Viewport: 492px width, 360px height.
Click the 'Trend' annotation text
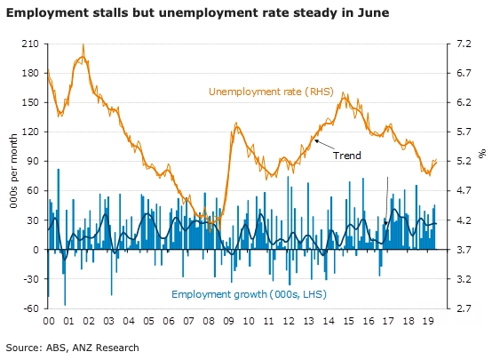pos(346,155)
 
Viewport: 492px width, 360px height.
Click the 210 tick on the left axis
pos(31,44)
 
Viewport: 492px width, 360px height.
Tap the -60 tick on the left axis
pos(31,308)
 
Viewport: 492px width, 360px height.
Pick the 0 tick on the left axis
pos(36,250)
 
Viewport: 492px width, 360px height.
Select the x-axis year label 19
pos(427,323)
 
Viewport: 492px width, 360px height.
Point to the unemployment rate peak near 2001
pos(83,45)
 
